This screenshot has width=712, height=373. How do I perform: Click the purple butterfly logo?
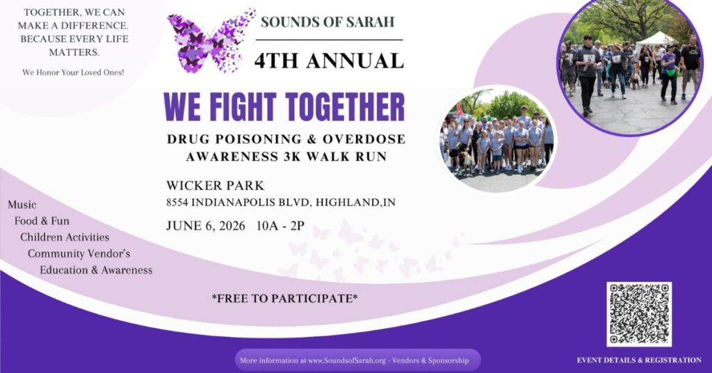pos(211,41)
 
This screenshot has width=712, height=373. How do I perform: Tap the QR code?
pos(639,314)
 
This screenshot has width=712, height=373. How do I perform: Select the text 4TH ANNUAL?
pos(329,61)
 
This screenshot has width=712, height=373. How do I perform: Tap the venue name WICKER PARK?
pos(215,185)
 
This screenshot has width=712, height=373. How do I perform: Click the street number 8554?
pos(177,203)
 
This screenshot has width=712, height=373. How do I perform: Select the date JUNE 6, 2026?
pos(206,225)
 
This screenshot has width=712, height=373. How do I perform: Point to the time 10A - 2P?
pos(280,225)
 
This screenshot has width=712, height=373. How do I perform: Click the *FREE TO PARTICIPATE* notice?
pos(284,299)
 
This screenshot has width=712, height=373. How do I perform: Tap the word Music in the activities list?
pos(22,205)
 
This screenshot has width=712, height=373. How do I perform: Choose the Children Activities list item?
pos(65,237)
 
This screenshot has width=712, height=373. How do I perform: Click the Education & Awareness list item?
pos(96,270)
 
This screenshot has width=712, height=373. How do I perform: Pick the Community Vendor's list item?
pos(79,253)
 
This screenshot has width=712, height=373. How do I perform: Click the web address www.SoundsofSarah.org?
pos(347,360)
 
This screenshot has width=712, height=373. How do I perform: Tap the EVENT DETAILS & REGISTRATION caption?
pos(639,360)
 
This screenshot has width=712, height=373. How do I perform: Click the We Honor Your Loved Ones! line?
pos(73,72)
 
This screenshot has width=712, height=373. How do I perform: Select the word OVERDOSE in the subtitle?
pos(365,139)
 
